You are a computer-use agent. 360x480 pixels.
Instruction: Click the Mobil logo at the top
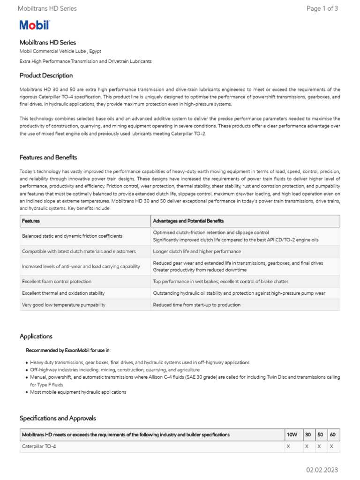click(x=34, y=26)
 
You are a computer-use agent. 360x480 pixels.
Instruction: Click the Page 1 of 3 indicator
click(x=322, y=8)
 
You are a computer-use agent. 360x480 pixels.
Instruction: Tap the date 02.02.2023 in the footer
click(x=322, y=470)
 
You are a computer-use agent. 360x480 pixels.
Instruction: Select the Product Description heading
click(x=46, y=75)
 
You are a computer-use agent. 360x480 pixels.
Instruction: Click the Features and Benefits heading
click(x=48, y=157)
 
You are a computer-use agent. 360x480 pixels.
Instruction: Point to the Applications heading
click(x=36, y=336)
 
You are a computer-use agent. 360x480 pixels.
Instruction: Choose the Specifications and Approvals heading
click(x=58, y=418)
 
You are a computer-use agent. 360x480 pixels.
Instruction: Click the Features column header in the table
click(x=31, y=221)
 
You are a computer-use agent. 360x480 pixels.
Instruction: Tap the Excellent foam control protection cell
click(x=57, y=282)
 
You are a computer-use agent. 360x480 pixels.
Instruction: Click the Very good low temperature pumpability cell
click(x=64, y=305)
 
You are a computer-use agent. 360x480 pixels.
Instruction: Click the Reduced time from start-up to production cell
click(x=197, y=305)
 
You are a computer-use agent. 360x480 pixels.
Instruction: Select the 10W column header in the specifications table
click(x=292, y=435)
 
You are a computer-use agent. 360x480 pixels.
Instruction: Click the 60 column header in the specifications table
click(x=332, y=435)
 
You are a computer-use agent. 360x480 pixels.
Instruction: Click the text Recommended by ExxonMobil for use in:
click(x=68, y=350)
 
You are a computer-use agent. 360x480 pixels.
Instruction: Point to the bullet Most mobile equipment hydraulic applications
click(x=78, y=392)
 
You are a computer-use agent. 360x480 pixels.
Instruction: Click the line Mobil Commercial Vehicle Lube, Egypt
click(x=60, y=51)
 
